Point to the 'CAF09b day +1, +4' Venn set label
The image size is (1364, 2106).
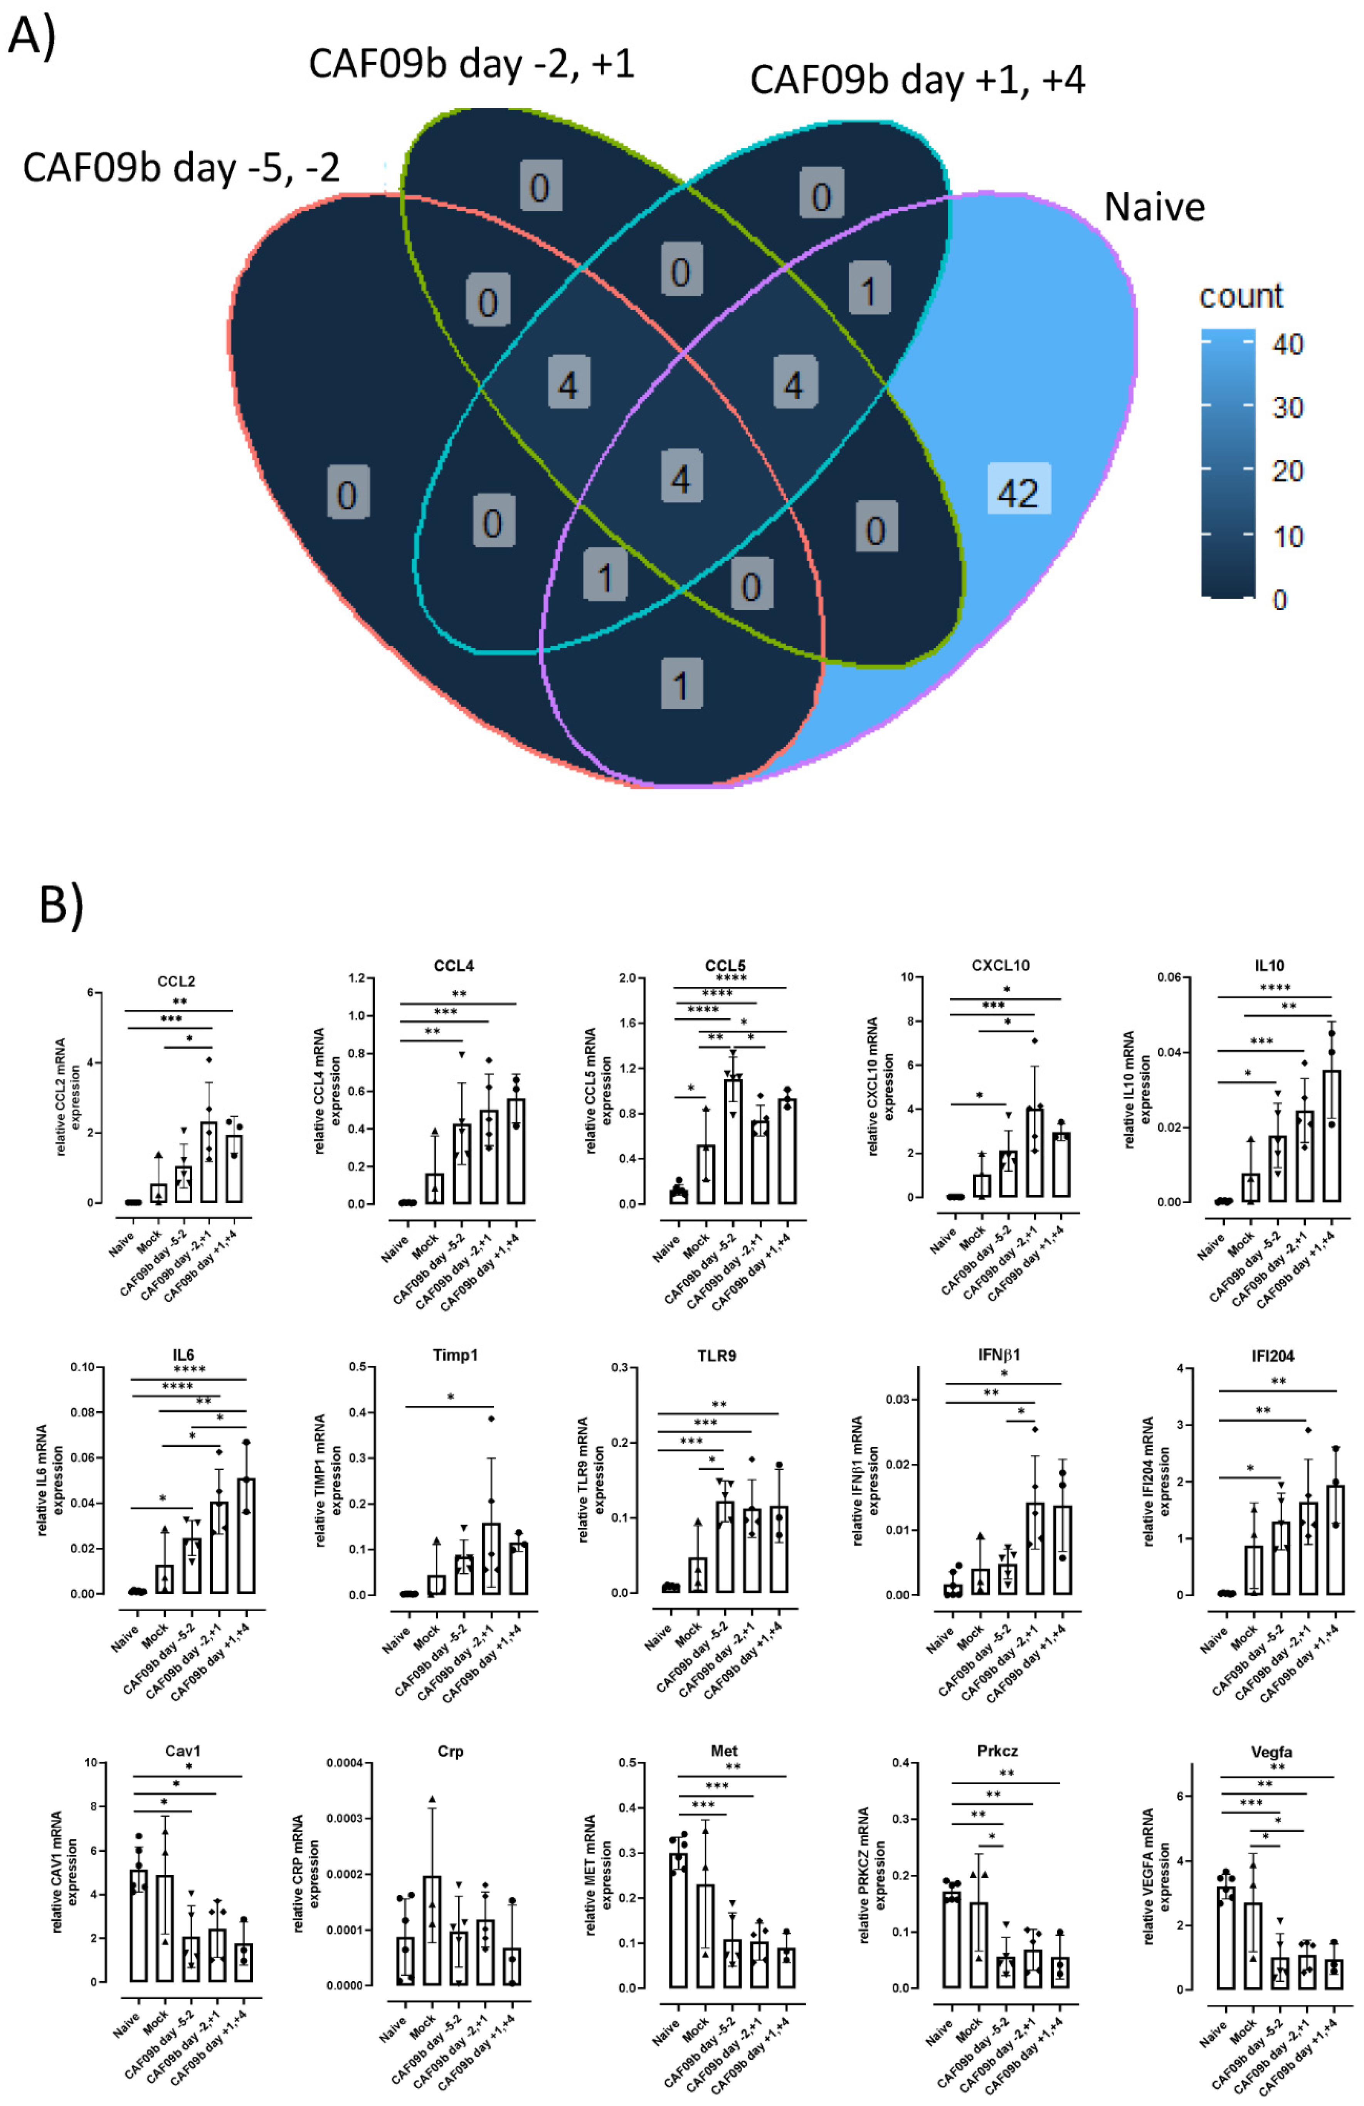point(917,80)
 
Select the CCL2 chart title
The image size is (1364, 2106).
point(176,981)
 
